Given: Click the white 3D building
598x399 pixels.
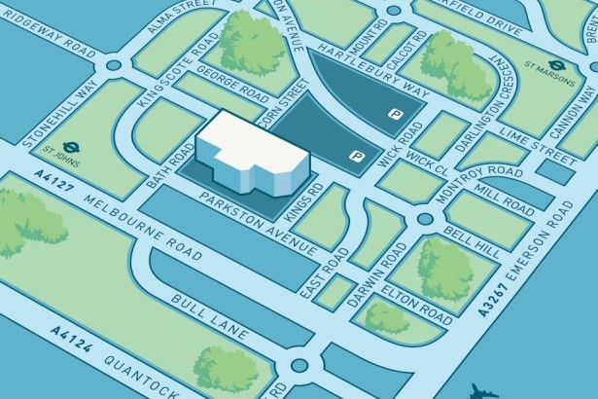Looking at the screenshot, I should click(248, 151).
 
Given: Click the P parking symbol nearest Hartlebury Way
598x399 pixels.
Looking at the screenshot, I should click(395, 115).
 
